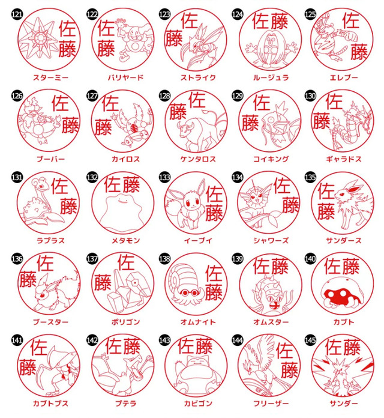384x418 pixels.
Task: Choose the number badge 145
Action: coord(310,339)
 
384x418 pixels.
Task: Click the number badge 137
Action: coord(92,258)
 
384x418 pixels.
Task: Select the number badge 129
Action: coord(238,95)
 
